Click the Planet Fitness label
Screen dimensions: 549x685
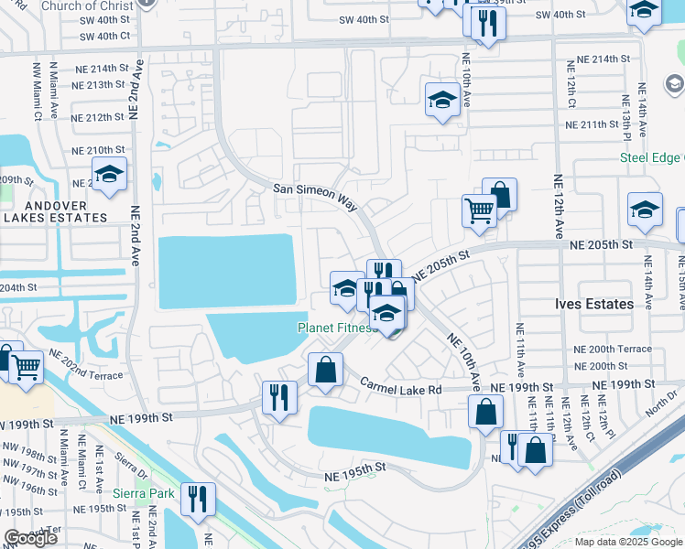pos(336,328)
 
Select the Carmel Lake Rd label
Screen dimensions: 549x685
pos(400,389)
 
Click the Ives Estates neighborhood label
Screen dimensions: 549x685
pos(594,304)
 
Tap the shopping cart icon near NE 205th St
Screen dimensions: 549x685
pos(479,211)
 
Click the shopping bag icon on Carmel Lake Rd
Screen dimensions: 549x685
pos(325,370)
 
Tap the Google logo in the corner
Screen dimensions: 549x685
pos(30,538)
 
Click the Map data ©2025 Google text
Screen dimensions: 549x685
pos(627,542)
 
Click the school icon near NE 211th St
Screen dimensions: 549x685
pos(442,100)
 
